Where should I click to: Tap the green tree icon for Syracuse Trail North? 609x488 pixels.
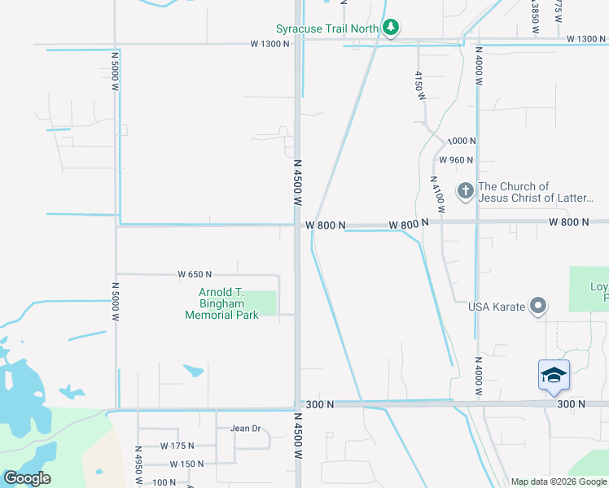click(x=391, y=28)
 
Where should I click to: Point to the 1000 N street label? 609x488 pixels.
click(x=461, y=141)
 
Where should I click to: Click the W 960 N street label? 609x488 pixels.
click(x=456, y=160)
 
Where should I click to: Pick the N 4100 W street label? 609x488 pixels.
click(x=437, y=195)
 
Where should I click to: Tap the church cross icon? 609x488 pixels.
click(x=466, y=192)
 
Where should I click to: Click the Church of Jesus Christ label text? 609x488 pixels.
click(x=537, y=192)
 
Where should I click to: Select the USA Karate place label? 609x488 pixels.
click(x=496, y=307)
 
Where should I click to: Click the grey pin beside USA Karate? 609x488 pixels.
click(x=538, y=306)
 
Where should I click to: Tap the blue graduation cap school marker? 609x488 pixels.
click(x=554, y=375)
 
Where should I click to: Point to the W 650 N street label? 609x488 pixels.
click(x=195, y=274)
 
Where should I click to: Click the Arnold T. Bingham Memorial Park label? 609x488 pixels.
click(x=221, y=303)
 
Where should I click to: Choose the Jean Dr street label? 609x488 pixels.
click(x=245, y=429)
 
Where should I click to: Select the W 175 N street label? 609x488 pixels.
click(x=177, y=446)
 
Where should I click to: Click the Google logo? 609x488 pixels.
click(x=27, y=478)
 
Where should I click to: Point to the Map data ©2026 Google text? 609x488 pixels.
click(x=559, y=481)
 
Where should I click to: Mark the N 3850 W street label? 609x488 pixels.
click(x=535, y=16)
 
